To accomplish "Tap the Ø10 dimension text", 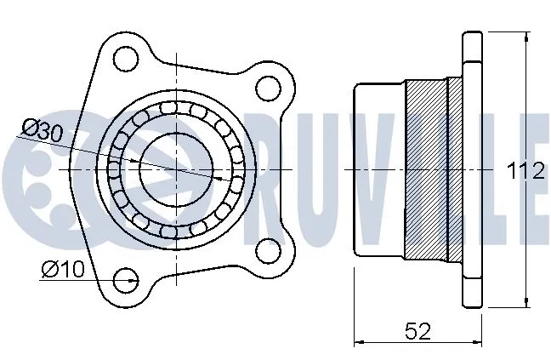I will click(61, 271).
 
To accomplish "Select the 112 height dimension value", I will click(525, 172).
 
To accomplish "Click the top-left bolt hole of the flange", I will click(126, 59).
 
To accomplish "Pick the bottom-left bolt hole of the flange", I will click(126, 277).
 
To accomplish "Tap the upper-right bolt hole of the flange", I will click(268, 88).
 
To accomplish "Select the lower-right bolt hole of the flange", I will click(268, 249).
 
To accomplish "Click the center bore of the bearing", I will click(175, 169).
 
